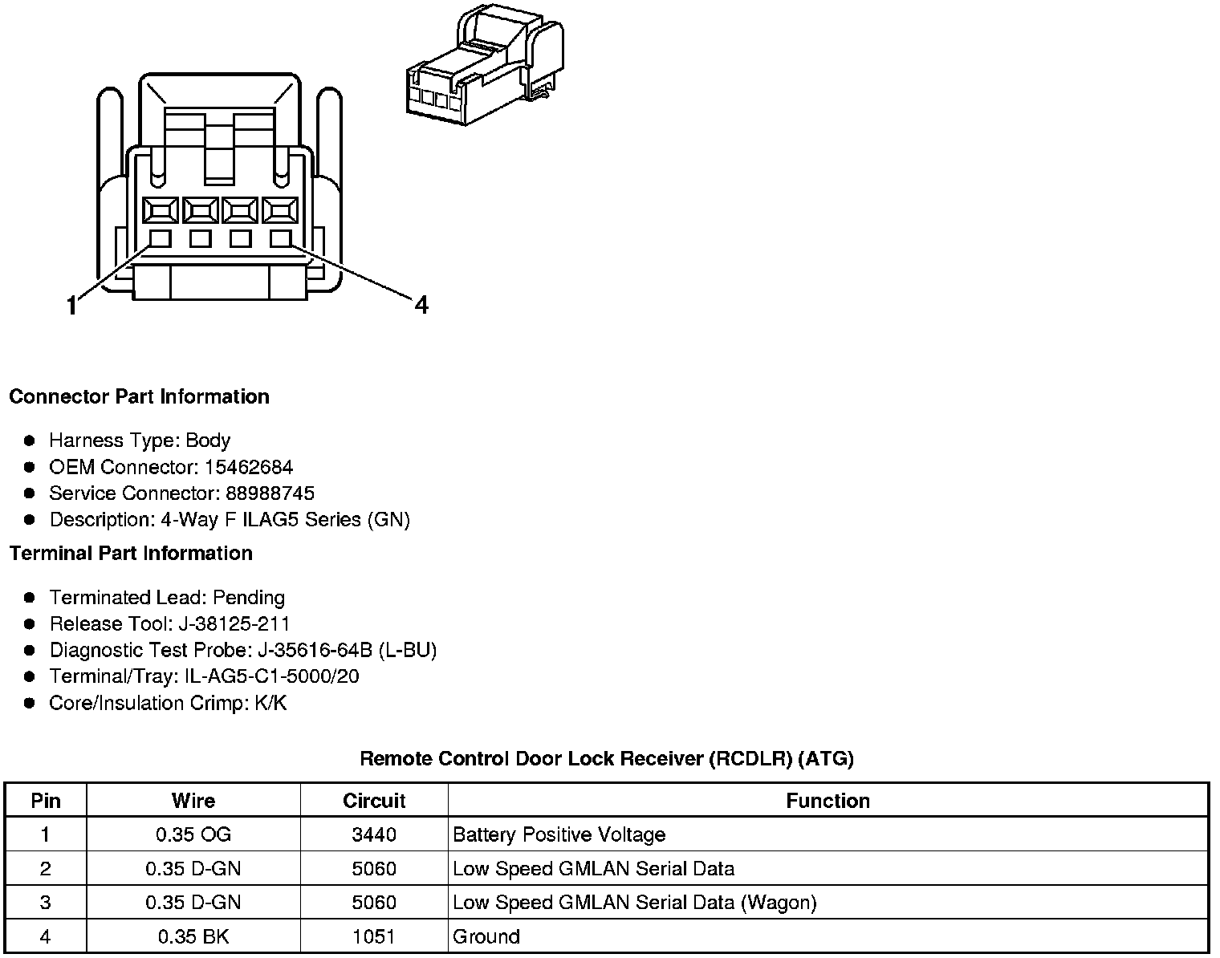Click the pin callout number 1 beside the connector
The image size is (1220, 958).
[x=72, y=306]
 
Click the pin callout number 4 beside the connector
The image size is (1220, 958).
[x=421, y=305]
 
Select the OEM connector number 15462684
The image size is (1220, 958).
[x=249, y=467]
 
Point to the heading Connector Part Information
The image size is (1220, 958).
[x=139, y=397]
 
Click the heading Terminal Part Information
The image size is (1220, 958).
[x=131, y=554]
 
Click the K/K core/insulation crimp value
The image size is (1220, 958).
[x=268, y=704]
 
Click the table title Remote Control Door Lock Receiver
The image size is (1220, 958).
[x=606, y=758]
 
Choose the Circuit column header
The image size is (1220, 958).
[x=374, y=801]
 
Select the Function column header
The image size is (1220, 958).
[x=828, y=801]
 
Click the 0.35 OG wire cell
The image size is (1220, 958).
[x=193, y=835]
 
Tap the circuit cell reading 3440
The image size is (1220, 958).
[x=374, y=835]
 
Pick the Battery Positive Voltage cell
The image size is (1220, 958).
[x=559, y=835]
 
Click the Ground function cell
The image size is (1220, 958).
[x=486, y=936]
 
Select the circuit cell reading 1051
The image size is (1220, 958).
[x=374, y=936]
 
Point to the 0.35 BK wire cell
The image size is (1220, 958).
[x=193, y=936]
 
